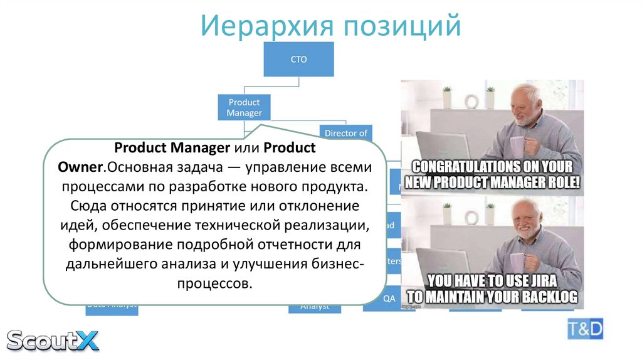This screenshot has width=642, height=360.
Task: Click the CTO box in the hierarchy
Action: click(x=298, y=60)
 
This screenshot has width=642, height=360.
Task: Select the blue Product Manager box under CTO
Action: click(x=244, y=107)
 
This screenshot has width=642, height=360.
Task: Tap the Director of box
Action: click(x=345, y=133)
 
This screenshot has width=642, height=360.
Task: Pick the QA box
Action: click(x=389, y=299)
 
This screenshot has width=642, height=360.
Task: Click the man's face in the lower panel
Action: click(x=527, y=220)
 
